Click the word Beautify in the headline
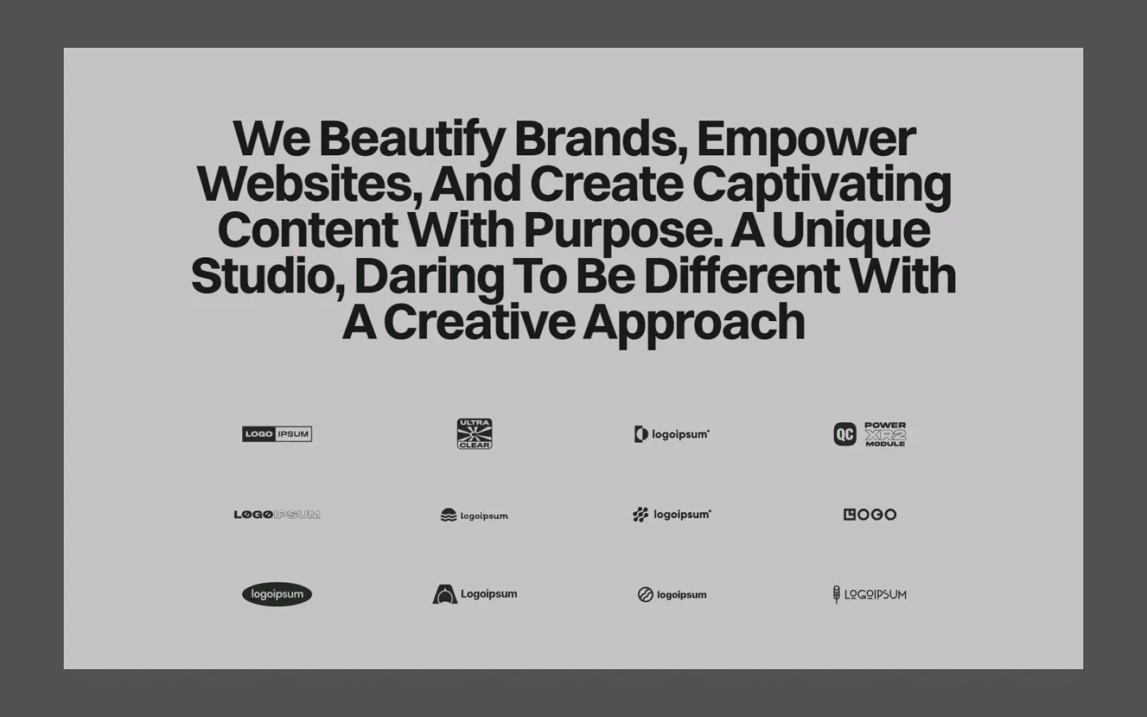pos(413,139)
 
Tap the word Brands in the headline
pos(601,139)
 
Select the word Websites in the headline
pos(311,184)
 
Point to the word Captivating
pos(822,186)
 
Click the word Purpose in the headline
pos(623,232)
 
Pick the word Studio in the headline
pos(268,276)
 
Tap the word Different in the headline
pos(742,276)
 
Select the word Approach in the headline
pos(694,323)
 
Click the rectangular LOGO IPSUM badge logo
pos(277,433)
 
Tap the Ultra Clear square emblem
pos(475,433)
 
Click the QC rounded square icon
pos(845,434)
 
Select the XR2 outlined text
pos(886,435)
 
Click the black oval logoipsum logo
pos(277,594)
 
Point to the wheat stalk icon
pos(836,594)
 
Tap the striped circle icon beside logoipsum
pos(645,594)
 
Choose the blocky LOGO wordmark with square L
pos(870,514)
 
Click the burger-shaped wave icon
pos(448,515)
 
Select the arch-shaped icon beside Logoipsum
pos(445,594)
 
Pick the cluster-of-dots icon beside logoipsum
pos(640,514)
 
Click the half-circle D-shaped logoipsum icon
pos(641,434)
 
